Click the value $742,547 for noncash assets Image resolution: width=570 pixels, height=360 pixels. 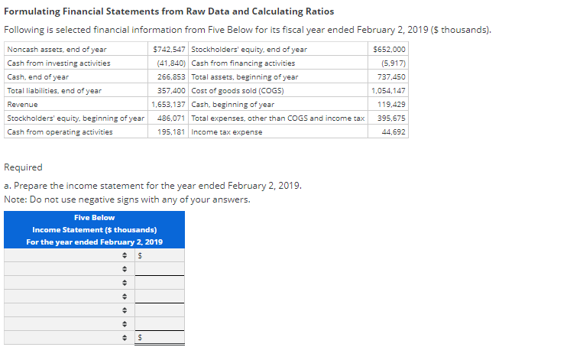tap(168, 50)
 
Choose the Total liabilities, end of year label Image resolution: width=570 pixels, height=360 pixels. tap(54, 91)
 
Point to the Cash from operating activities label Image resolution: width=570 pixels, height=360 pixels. tap(60, 132)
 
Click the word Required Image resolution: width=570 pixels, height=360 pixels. tap(24, 167)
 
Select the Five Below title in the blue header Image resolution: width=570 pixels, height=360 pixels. tap(94, 218)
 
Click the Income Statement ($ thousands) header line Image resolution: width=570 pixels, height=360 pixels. tap(94, 230)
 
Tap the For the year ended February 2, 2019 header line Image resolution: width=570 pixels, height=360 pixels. tap(94, 242)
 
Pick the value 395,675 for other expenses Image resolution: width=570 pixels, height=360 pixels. tap(392, 118)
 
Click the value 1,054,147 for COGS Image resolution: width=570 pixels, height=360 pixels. tap(389, 91)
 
